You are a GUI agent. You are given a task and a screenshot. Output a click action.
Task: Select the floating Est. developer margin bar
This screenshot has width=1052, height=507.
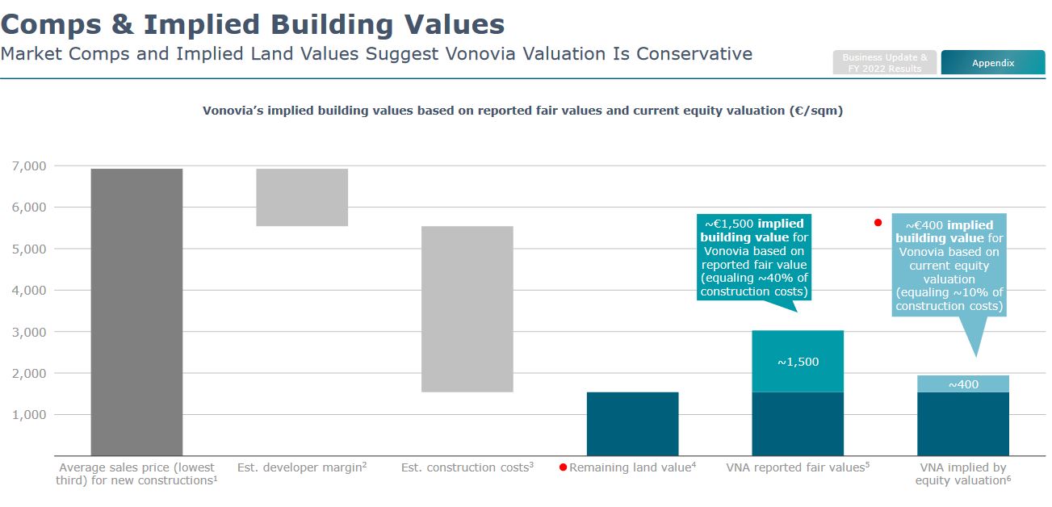click(302, 197)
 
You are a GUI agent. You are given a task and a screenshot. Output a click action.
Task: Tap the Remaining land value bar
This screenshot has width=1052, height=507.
click(632, 423)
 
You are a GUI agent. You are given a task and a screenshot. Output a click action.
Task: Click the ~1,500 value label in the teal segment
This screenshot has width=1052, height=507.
click(798, 362)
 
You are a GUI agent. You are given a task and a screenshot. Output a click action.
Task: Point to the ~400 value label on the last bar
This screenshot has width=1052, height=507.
click(963, 384)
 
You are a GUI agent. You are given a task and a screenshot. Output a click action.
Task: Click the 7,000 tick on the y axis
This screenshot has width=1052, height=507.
click(29, 166)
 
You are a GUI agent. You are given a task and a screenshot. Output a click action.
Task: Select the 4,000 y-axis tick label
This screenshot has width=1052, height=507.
click(29, 290)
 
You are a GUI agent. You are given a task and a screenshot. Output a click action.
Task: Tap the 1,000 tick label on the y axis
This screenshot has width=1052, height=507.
click(29, 414)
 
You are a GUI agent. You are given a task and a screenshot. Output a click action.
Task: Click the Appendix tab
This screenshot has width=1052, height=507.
click(993, 63)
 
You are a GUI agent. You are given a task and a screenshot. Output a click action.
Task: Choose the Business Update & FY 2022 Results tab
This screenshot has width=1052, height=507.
click(885, 63)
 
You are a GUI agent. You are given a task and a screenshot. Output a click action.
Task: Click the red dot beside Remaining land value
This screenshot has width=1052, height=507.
click(564, 467)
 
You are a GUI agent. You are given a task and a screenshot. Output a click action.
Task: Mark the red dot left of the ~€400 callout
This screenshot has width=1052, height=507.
click(878, 223)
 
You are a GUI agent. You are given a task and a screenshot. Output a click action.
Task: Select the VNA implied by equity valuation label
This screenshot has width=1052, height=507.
click(962, 474)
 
